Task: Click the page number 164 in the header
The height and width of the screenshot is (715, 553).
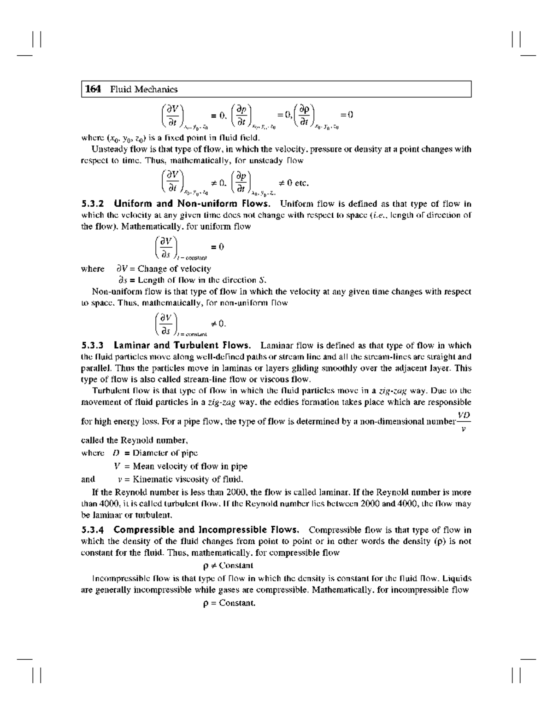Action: pyautogui.click(x=93, y=89)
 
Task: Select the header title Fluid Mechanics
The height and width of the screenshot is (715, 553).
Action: pyautogui.click(x=143, y=89)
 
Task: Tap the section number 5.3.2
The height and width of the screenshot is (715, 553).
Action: pyautogui.click(x=94, y=203)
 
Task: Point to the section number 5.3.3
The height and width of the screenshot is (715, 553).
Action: pyautogui.click(x=94, y=345)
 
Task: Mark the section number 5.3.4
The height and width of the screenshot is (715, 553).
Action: pyautogui.click(x=94, y=530)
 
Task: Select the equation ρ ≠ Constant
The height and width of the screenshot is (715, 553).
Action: pyautogui.click(x=228, y=565)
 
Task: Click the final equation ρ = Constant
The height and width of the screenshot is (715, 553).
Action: pyautogui.click(x=229, y=603)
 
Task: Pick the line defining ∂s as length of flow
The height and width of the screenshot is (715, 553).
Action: pyautogui.click(x=190, y=280)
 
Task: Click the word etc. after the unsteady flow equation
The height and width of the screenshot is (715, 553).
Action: pyautogui.click(x=301, y=183)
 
